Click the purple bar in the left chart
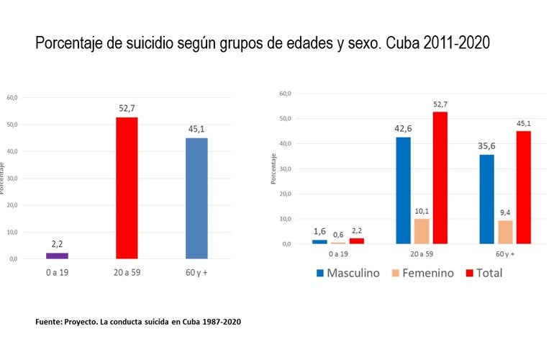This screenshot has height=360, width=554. (57, 256)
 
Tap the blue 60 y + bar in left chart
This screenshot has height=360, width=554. (196, 198)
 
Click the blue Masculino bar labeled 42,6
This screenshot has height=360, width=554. (404, 190)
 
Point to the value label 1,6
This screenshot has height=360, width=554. (319, 232)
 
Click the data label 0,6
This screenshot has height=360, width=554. (338, 235)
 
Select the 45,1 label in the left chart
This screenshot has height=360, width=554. (196, 130)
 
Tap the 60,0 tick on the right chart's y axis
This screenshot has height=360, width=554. (284, 94)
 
